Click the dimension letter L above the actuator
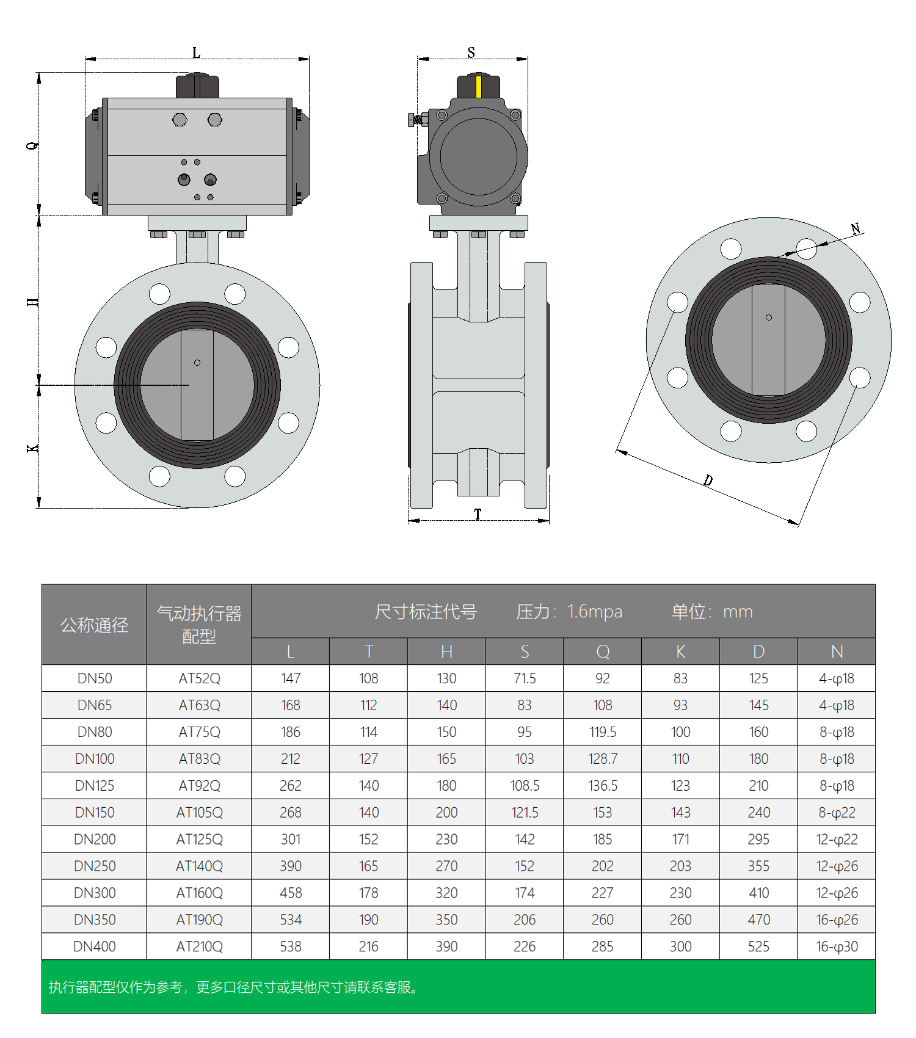196,53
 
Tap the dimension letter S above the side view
471,53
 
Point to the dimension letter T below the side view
478,514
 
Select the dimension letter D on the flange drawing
708,481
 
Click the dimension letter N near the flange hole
856,229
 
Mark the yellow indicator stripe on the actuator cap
478,87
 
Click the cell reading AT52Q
199,678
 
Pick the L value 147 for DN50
291,678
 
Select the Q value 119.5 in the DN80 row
602,732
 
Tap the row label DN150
95,813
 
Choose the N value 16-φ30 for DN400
837,946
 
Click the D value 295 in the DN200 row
758,840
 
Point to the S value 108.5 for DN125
525,786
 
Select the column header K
680,651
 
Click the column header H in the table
446,651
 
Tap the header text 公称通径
95,625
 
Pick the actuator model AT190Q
199,920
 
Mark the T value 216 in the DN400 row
368,946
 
